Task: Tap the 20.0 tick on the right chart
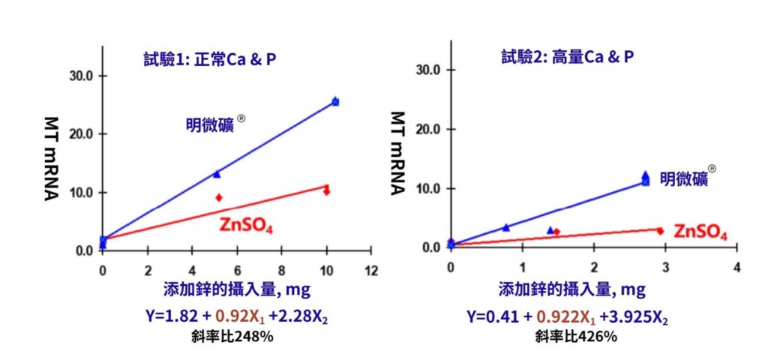click(427, 129)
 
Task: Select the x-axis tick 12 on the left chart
click(369, 269)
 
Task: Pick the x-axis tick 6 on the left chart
click(236, 269)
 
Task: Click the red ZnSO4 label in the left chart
click(245, 223)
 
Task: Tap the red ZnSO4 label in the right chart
click(700, 232)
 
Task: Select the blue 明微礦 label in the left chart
click(210, 124)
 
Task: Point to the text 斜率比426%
click(576, 337)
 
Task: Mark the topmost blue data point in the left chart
click(335, 101)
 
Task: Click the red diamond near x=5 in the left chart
click(219, 197)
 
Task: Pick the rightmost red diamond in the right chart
click(660, 231)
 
